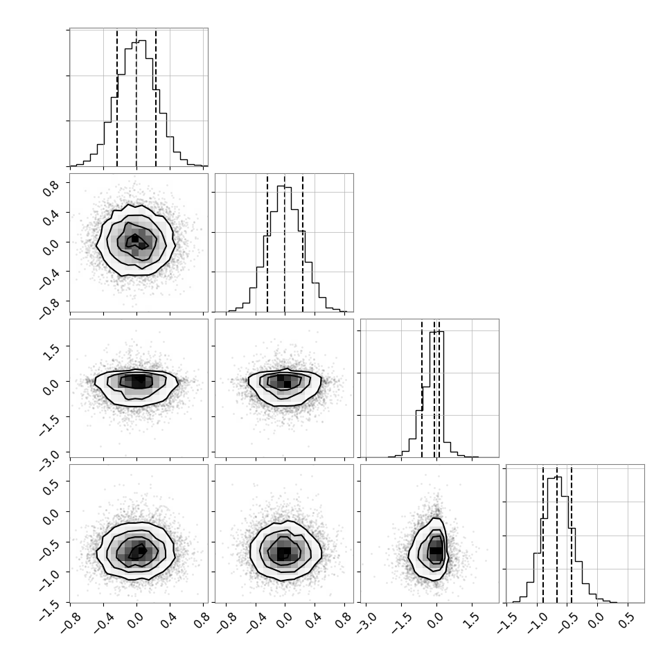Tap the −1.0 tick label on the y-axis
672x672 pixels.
click(49, 579)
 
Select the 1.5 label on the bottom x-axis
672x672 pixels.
click(471, 621)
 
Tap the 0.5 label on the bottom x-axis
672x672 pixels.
click(626, 621)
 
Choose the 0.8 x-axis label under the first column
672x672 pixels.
click(202, 621)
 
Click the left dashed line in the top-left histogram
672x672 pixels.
click(117, 98)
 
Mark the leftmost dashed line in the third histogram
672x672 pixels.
click(422, 389)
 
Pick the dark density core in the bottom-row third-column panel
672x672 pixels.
click(436, 551)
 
